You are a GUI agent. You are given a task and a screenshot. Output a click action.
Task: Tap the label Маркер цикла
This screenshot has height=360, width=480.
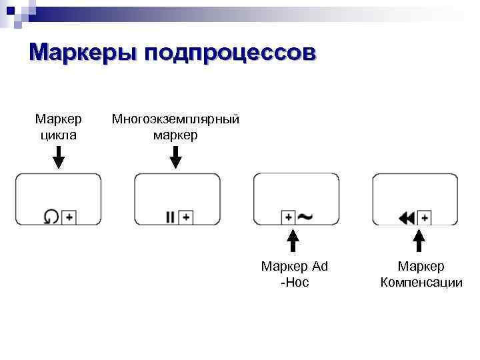click(x=59, y=127)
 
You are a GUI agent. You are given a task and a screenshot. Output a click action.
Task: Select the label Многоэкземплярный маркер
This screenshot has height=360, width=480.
click(x=175, y=127)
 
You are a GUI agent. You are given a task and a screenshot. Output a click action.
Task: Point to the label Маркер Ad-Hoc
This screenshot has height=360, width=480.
click(x=295, y=274)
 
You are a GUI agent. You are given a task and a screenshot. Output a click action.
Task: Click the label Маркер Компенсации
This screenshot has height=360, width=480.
click(x=421, y=274)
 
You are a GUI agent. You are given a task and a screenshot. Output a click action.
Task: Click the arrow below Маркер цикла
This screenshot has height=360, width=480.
click(x=59, y=157)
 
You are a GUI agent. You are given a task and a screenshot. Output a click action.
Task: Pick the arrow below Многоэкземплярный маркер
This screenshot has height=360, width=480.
click(x=175, y=157)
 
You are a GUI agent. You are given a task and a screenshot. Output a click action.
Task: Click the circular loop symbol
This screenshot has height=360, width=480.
click(x=51, y=217)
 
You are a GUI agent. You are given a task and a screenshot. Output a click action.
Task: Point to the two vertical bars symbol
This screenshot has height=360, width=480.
click(x=170, y=217)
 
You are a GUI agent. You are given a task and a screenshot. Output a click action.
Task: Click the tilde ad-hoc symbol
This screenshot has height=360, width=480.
click(x=306, y=217)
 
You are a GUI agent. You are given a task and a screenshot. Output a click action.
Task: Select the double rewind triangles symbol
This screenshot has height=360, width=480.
click(x=407, y=217)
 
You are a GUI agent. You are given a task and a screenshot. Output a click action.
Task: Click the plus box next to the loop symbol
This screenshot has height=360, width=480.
click(x=69, y=217)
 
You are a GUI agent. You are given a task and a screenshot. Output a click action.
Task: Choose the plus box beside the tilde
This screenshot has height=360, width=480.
click(x=289, y=217)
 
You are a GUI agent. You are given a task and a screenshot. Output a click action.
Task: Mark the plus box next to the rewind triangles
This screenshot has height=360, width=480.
click(x=425, y=217)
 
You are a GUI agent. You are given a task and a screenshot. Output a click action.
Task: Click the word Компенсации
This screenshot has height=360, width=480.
click(x=421, y=282)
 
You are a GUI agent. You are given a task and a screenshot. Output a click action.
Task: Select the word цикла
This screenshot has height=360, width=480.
click(x=59, y=135)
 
